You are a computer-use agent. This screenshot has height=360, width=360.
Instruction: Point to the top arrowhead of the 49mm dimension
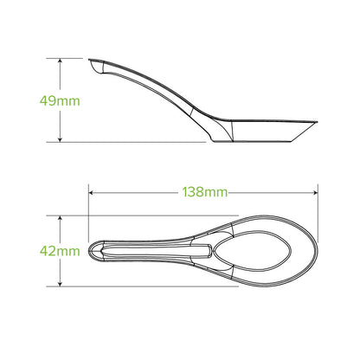[60, 61]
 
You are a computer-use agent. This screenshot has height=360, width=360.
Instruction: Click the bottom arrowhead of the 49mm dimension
[60, 138]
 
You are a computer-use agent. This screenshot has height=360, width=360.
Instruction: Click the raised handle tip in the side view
[92, 63]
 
